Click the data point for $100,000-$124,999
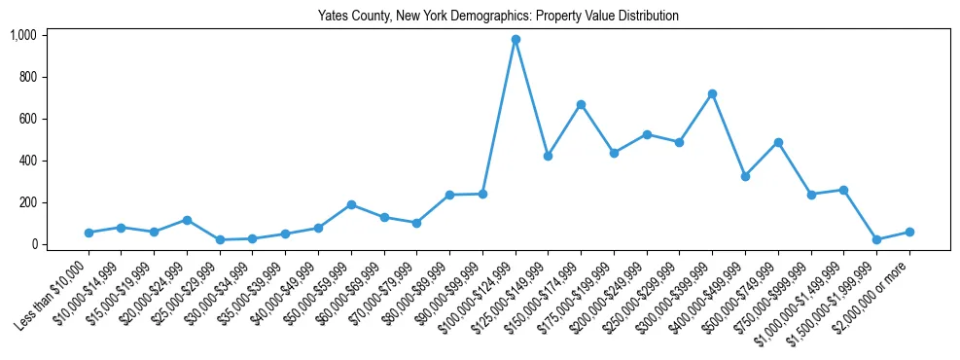point(516,40)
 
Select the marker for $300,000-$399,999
point(713,93)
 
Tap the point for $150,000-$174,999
point(581,104)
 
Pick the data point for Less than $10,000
point(89,233)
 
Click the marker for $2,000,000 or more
point(909,232)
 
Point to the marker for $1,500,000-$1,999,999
point(876,239)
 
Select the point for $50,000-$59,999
point(351,204)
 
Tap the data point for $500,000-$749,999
point(778,142)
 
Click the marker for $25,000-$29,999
point(220,239)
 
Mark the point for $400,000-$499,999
point(745,176)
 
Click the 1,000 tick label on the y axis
point(22,35)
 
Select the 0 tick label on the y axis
point(33,244)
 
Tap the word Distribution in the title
point(648,17)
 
